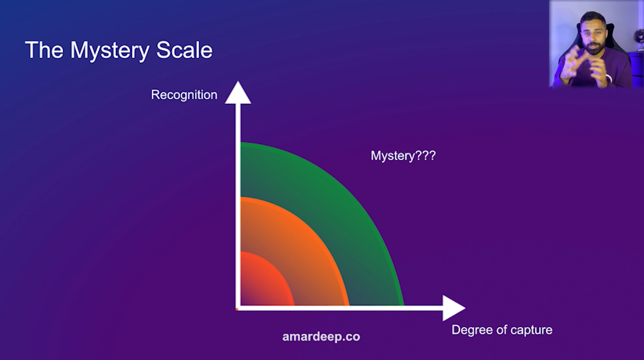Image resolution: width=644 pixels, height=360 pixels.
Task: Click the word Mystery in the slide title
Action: coord(110,51)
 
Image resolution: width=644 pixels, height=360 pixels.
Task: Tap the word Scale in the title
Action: coord(184,49)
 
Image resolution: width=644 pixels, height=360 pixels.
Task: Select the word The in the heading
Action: coord(44,49)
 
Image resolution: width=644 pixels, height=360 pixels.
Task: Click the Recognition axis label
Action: coord(184,95)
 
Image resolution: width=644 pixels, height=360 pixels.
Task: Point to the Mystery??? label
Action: coord(404,156)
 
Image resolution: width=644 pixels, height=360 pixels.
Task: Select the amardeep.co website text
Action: coord(321,337)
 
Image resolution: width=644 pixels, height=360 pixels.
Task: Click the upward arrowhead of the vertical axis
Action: coord(238,93)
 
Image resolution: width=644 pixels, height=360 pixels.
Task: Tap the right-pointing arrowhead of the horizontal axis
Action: coord(454,308)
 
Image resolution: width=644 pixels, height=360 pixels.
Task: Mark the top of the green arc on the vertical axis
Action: coord(241,142)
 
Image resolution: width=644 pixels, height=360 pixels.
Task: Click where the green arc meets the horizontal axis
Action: coord(404,306)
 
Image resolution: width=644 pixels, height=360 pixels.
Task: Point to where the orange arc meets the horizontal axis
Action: coord(349,306)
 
